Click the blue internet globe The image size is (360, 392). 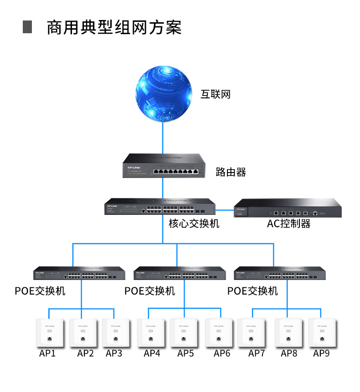pyautogui.click(x=163, y=95)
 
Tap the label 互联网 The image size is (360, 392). pyautogui.click(x=216, y=95)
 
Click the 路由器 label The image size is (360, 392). pyautogui.click(x=231, y=172)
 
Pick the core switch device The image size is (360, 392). pyautogui.click(x=160, y=208)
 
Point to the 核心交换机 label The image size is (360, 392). pyautogui.click(x=194, y=224)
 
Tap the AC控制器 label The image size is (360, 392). pyautogui.click(x=288, y=224)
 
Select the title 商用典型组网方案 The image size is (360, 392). pyautogui.click(x=114, y=27)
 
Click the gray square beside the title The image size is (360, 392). pyautogui.click(x=27, y=27)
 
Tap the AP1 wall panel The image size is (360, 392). pyautogui.click(x=48, y=334)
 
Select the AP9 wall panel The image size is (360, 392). pyautogui.click(x=323, y=334)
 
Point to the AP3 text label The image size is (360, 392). pyautogui.click(x=114, y=353)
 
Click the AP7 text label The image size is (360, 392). pyautogui.click(x=257, y=353)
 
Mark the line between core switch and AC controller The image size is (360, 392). pyautogui.click(x=225, y=210)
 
